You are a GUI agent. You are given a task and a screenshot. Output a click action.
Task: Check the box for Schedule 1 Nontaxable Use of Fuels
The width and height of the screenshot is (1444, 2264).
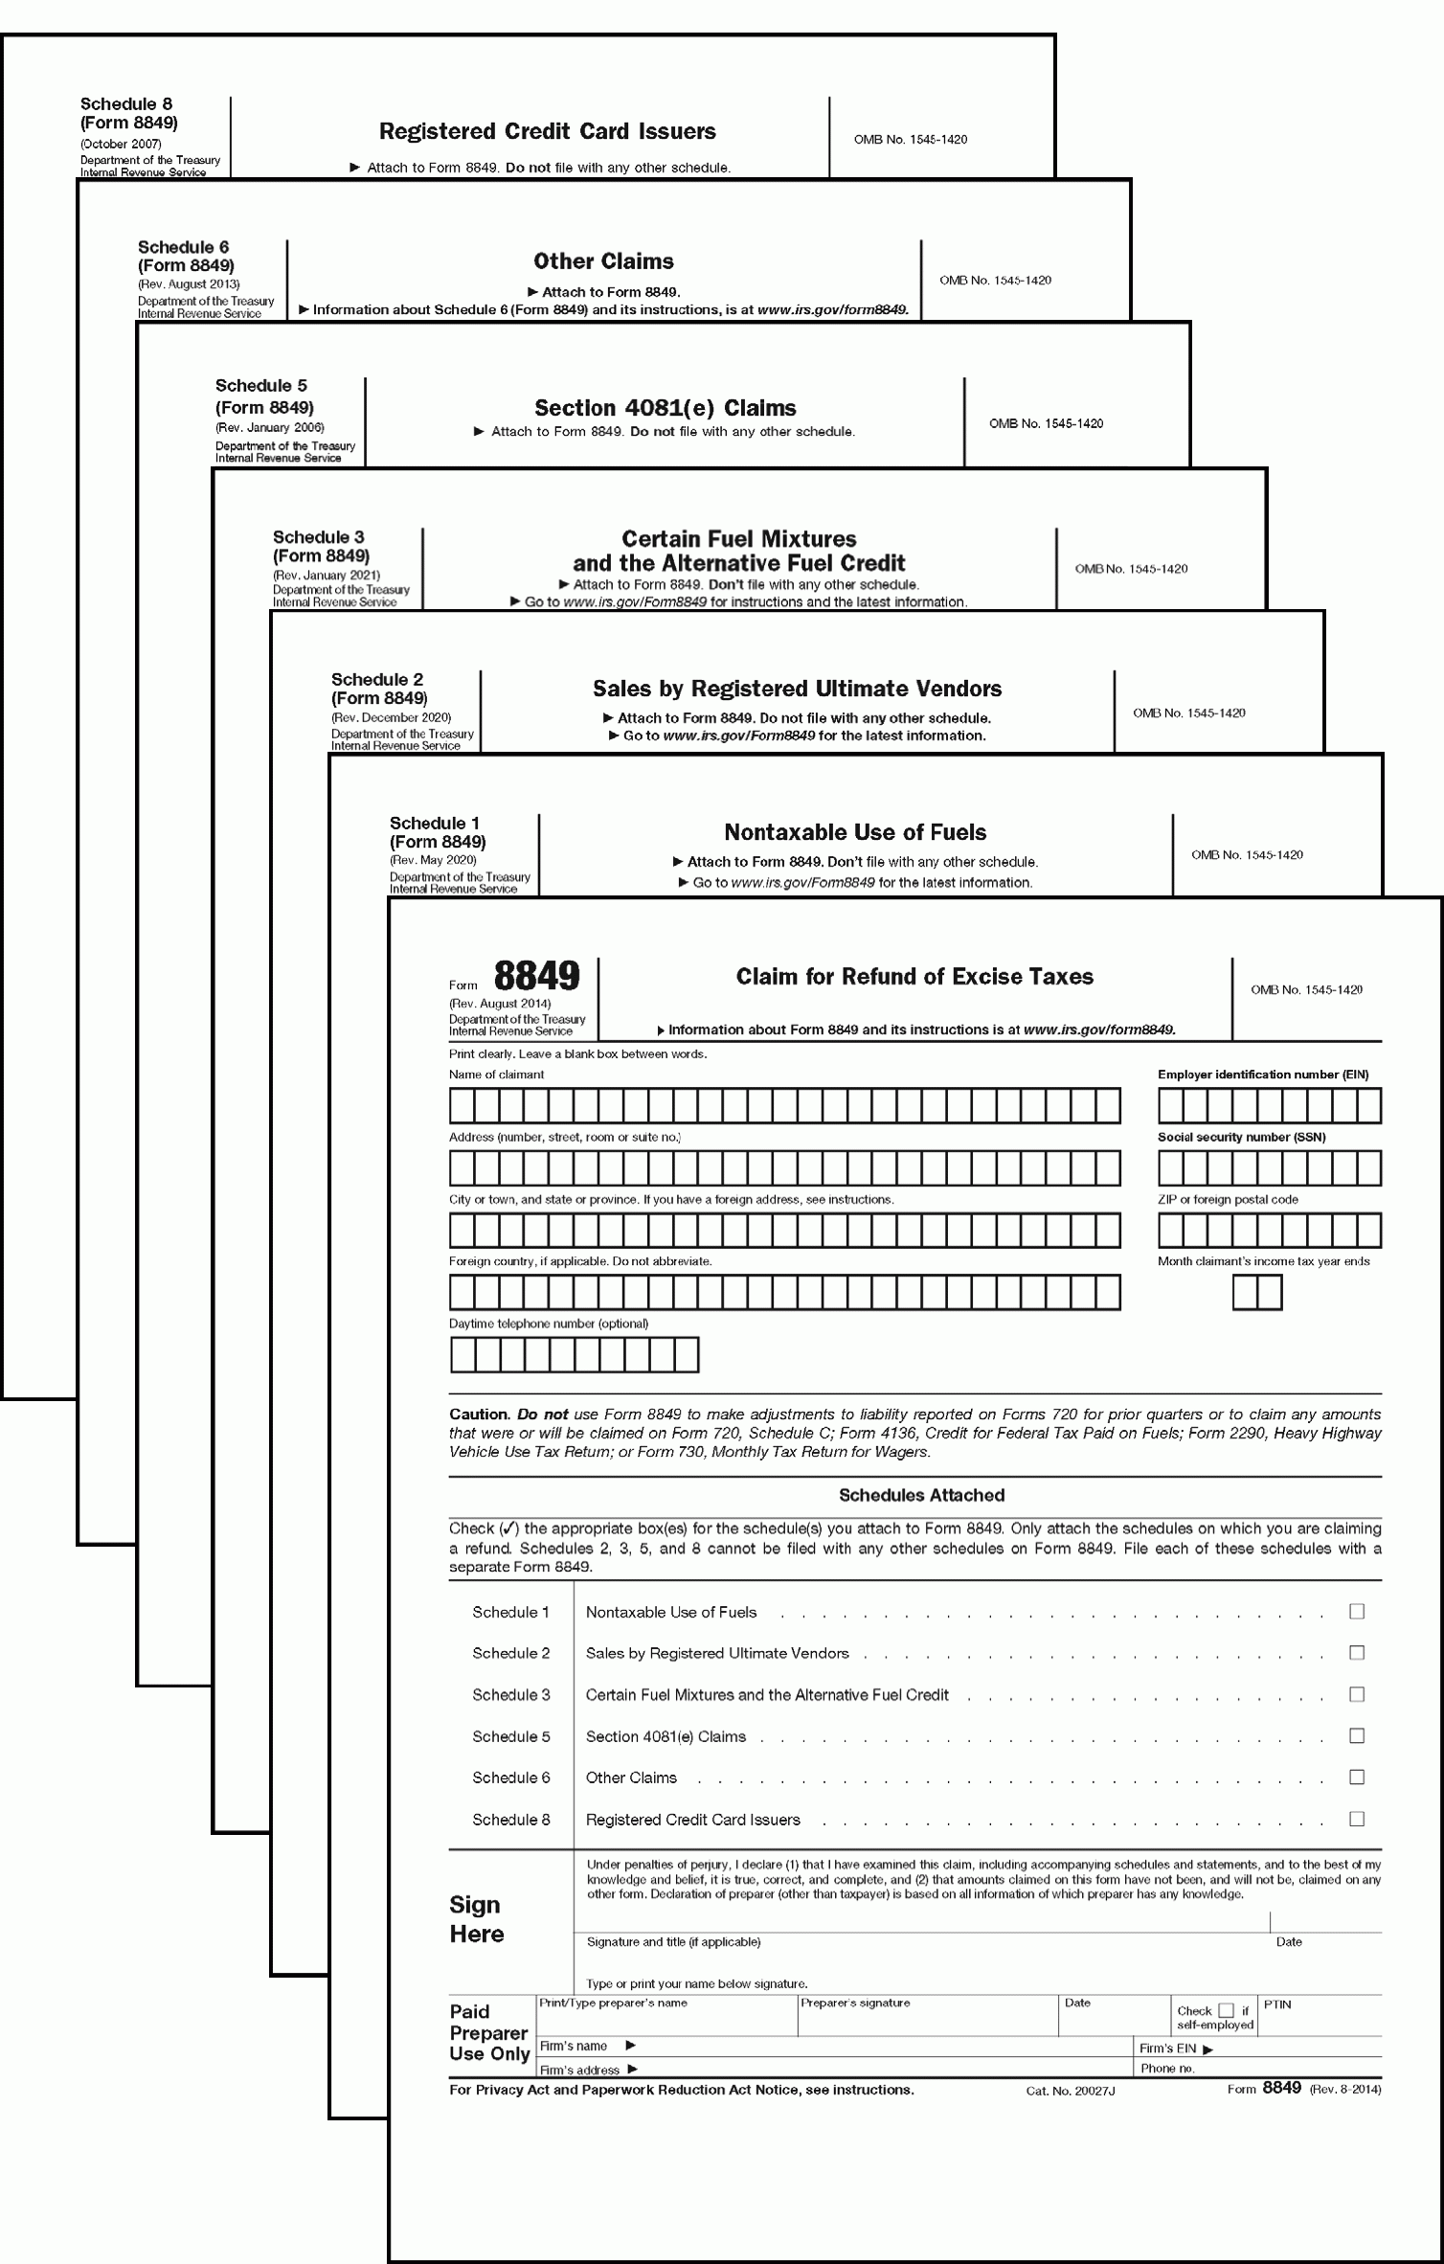point(1356,1612)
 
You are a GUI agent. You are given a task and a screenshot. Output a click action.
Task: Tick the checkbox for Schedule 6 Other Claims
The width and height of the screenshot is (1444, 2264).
point(1356,1777)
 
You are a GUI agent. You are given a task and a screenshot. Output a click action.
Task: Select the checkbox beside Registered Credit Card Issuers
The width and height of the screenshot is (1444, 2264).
point(1356,1819)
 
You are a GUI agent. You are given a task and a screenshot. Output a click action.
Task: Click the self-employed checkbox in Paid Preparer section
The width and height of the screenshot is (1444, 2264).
point(1226,2011)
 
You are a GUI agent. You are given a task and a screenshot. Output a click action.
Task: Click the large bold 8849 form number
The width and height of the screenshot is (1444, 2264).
point(536,976)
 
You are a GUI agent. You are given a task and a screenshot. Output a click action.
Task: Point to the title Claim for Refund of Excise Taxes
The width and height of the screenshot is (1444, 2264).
point(914,977)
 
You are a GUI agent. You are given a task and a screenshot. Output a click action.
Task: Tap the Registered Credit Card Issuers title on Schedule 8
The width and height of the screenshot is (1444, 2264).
point(547,131)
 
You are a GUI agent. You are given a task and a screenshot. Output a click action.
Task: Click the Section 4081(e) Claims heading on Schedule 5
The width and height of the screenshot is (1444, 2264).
point(665,408)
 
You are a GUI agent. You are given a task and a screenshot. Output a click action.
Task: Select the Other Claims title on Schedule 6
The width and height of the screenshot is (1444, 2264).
point(603,261)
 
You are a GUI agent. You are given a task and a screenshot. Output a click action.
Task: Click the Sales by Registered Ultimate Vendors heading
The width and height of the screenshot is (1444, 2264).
point(797,689)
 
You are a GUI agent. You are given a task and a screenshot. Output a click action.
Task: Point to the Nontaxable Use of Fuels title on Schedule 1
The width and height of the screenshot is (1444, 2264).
point(854,832)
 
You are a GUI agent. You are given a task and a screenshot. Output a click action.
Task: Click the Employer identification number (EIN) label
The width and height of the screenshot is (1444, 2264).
point(1262,1075)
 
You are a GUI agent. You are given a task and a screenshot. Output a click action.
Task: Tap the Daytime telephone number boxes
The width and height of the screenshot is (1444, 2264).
point(574,1355)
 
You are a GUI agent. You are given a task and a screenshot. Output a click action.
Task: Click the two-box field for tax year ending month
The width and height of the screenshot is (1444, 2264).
point(1256,1293)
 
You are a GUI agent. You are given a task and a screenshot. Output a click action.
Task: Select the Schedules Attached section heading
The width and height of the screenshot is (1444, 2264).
point(921,1495)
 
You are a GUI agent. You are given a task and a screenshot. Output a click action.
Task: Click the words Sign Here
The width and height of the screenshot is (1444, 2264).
point(476,1919)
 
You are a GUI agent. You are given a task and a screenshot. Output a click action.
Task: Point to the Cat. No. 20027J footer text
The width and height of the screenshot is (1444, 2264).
point(1070,2091)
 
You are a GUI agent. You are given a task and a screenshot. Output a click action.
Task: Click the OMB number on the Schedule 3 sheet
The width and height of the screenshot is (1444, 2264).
point(1130,569)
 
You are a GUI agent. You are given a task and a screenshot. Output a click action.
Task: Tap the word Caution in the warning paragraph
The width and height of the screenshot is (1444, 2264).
point(478,1415)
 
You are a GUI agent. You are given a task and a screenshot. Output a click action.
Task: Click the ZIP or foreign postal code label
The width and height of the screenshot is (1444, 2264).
point(1228,1199)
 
